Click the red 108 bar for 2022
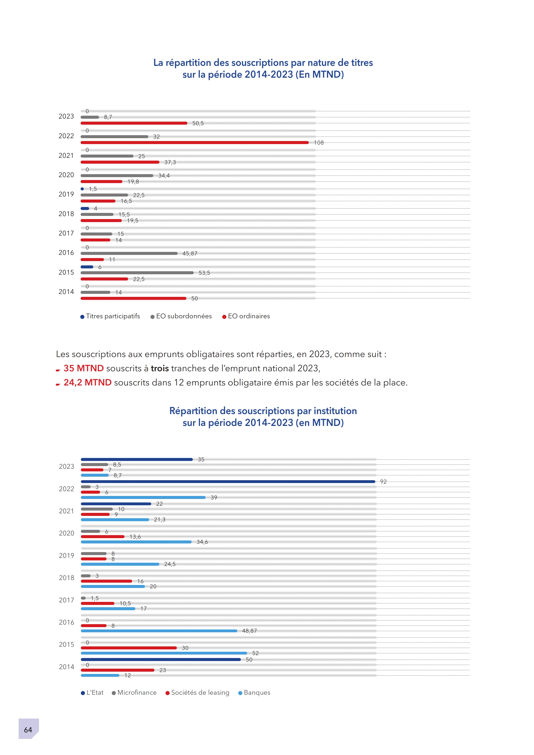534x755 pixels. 194,142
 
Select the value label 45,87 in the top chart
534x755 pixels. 190,254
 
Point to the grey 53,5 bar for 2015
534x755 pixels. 137,273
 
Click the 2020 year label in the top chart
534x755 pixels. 66,175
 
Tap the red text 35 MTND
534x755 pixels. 84,368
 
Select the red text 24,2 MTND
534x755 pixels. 87,382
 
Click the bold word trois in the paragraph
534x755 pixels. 160,368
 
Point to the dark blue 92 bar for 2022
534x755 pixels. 228,481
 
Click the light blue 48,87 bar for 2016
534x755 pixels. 159,631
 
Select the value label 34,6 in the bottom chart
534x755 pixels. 202,542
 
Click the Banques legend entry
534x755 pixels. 254,693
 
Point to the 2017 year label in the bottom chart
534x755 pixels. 67,600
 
